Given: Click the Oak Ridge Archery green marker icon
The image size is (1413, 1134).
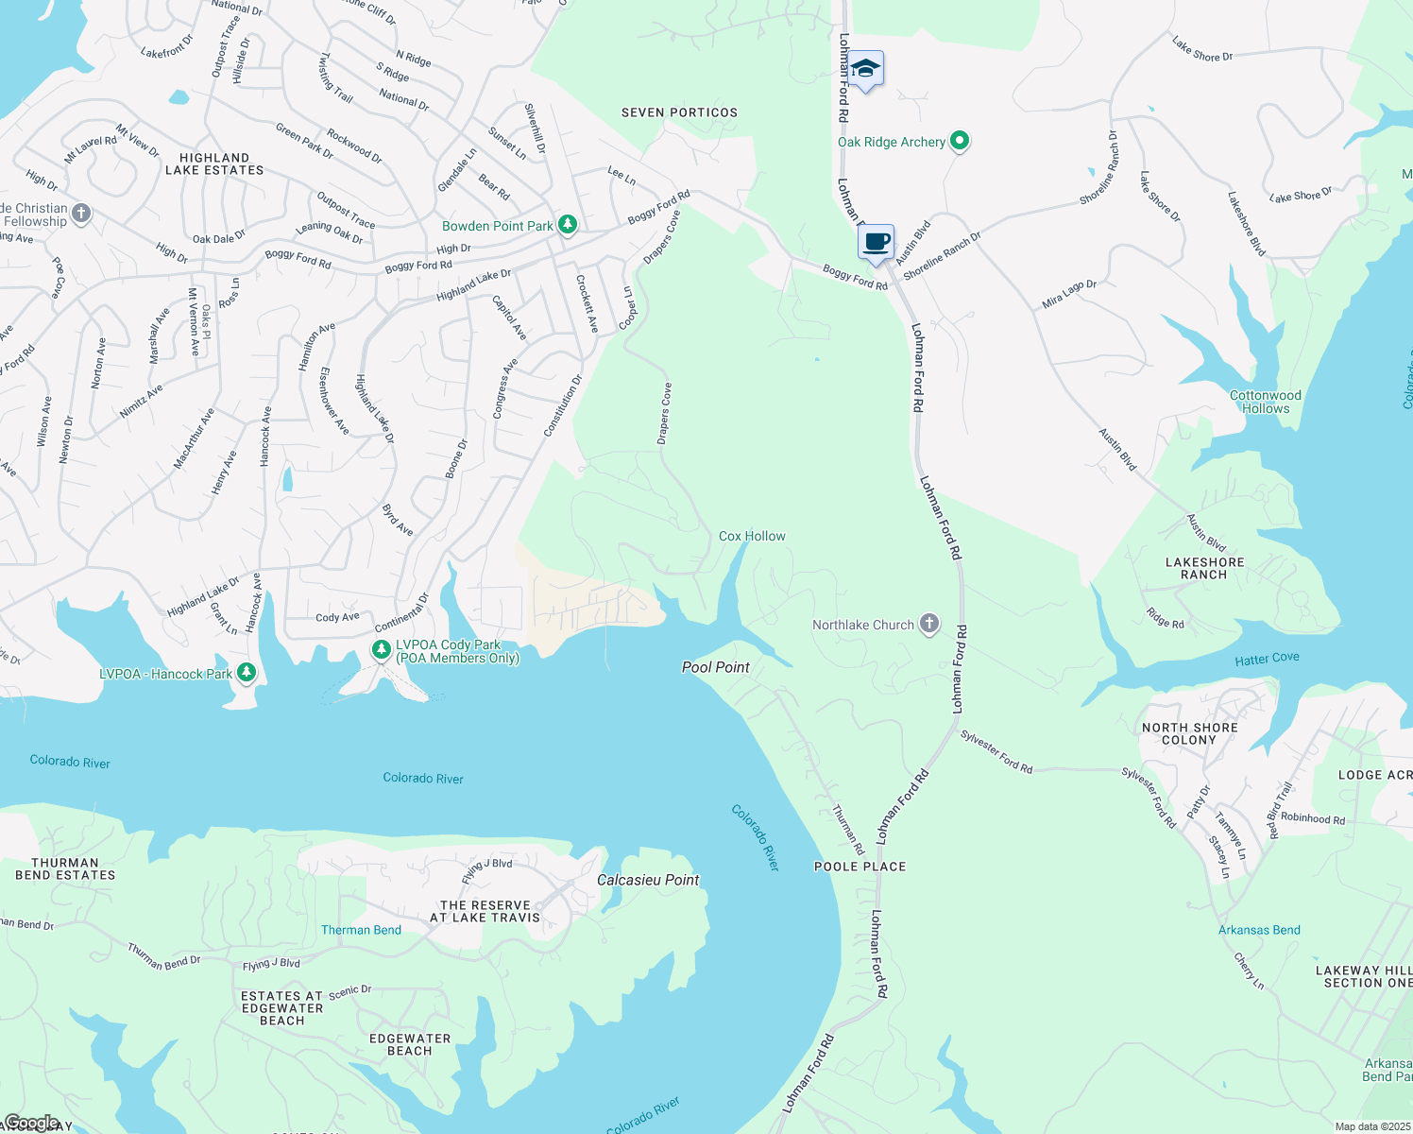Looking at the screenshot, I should coord(960,141).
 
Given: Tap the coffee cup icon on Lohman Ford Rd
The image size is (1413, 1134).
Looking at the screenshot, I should coord(876,242).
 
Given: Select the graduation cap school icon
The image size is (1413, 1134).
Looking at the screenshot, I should coord(865,69).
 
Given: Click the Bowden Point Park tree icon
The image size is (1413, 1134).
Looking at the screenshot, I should coord(567,225).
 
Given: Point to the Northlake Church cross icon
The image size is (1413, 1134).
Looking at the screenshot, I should coord(929,624).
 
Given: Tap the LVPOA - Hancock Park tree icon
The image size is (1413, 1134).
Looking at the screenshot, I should coord(247,673).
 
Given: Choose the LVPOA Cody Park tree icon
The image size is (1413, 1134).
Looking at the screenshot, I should coord(381,649).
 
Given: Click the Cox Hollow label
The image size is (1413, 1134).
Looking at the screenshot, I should coord(752,536).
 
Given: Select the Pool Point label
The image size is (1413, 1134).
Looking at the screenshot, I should coord(715,667).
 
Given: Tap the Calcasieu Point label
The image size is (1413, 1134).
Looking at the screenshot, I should coord(648,880).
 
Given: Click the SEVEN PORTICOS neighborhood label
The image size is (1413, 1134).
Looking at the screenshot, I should coord(679,112).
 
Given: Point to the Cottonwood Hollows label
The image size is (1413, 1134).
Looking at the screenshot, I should coord(1265,402).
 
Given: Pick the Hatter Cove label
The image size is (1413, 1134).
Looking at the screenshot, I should coord(1267,659).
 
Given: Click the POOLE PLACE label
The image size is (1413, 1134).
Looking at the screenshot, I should coord(860,867).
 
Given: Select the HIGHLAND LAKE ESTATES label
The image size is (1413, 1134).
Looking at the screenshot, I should coord(214,164).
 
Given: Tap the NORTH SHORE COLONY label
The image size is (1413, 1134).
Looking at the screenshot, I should coord(1189,733).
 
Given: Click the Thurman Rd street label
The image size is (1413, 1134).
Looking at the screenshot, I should coord(847,829).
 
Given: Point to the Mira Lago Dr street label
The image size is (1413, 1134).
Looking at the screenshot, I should coord(1069,295).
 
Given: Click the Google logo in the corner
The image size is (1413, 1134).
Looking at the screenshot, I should coord(31,1123).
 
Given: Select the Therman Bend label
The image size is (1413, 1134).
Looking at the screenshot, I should coord(361,930).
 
